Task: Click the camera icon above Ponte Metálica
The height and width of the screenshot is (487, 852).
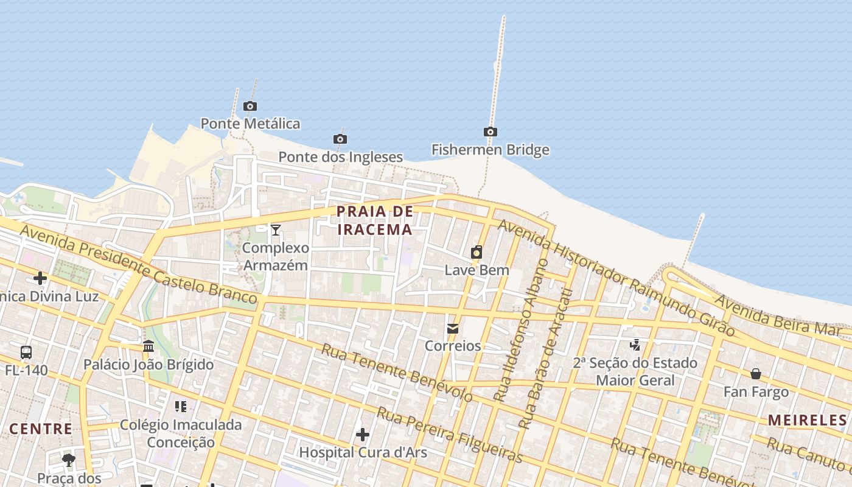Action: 250,107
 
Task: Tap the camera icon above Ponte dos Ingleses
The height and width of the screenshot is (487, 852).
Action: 340,139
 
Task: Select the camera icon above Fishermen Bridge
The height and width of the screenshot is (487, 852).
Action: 490,132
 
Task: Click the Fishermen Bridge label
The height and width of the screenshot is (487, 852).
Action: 490,150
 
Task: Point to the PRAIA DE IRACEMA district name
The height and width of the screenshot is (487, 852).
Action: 375,220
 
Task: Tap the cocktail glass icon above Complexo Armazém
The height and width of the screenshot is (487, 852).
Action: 276,229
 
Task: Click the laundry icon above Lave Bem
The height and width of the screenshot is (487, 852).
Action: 477,252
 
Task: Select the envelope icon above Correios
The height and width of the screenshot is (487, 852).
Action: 453,329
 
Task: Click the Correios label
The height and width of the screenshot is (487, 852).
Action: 453,346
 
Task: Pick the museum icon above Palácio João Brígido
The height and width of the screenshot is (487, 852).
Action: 148,346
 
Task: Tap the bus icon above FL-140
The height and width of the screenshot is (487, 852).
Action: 26,352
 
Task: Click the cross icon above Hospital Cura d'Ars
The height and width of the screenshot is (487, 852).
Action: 363,435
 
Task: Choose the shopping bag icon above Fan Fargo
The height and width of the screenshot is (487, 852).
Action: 756,374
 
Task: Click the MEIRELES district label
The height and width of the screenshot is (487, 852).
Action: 807,420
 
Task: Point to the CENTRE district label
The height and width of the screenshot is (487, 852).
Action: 41,429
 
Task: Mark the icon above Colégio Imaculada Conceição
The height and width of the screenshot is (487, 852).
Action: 180,406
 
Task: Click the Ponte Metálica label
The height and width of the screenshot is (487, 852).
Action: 250,124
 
